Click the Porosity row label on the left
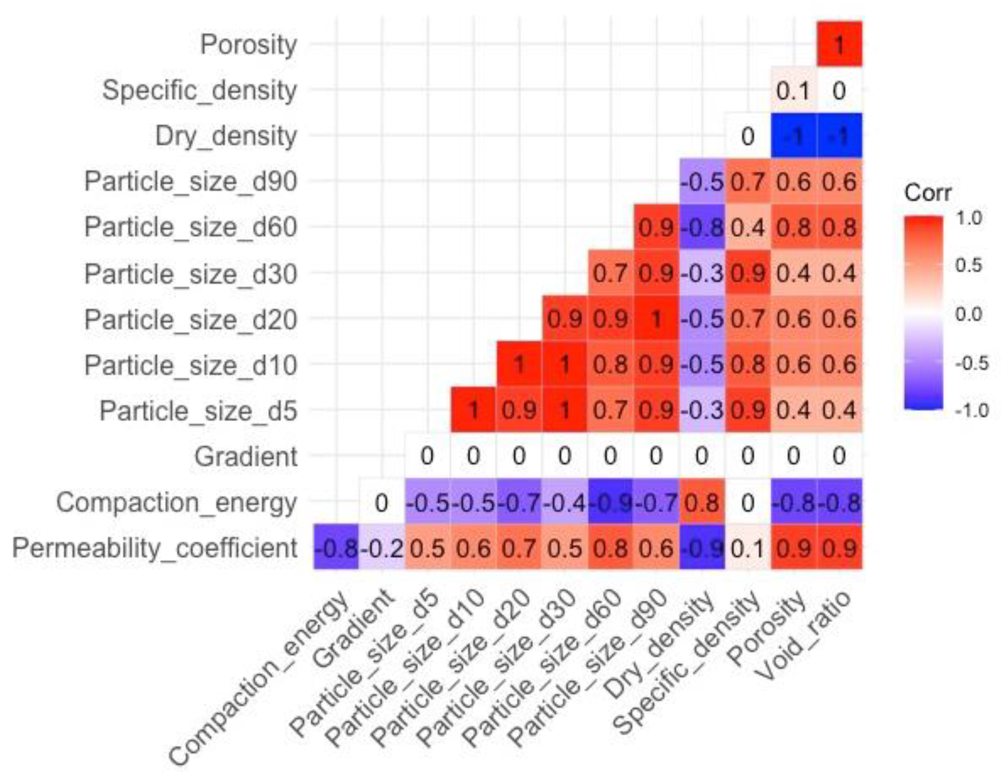point(249,45)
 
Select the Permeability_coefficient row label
point(155,548)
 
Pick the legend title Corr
point(927,193)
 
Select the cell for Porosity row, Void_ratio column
point(839,45)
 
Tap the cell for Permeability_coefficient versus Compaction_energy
point(336,548)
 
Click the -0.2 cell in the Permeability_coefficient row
point(381,548)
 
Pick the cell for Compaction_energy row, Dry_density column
point(702,503)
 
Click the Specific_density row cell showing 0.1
point(793,90)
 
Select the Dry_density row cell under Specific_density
point(748,136)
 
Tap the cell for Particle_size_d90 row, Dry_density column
point(702,182)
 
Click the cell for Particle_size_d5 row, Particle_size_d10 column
point(473,410)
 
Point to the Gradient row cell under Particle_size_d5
point(427,456)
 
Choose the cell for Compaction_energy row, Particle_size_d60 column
point(610,503)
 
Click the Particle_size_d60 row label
point(191,227)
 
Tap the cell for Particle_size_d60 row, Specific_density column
point(748,227)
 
